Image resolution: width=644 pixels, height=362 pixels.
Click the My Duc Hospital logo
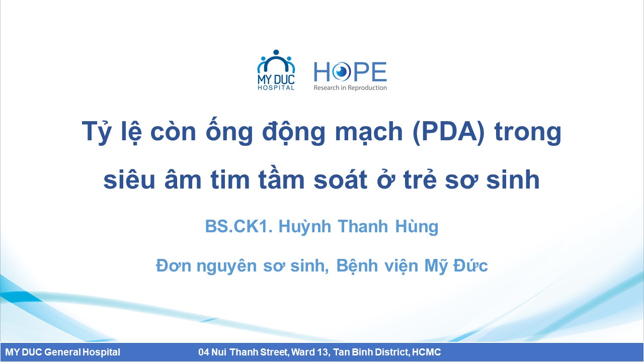point(276,70)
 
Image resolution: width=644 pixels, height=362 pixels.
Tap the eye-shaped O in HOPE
point(341,71)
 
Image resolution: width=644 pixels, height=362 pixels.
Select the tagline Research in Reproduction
point(350,87)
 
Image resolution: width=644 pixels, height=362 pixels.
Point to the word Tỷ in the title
point(97,131)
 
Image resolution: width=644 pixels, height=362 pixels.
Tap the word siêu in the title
point(129,178)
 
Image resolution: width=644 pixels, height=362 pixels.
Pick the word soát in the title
point(341,178)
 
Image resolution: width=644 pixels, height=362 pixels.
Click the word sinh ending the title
point(513,179)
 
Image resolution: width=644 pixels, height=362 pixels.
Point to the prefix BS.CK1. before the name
point(238,226)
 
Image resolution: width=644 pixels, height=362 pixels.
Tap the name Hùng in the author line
point(417,227)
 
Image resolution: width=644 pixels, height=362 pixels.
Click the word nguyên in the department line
point(226,266)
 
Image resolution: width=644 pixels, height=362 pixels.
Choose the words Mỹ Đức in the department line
point(456,265)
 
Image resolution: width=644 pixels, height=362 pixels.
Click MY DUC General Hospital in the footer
point(63,352)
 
